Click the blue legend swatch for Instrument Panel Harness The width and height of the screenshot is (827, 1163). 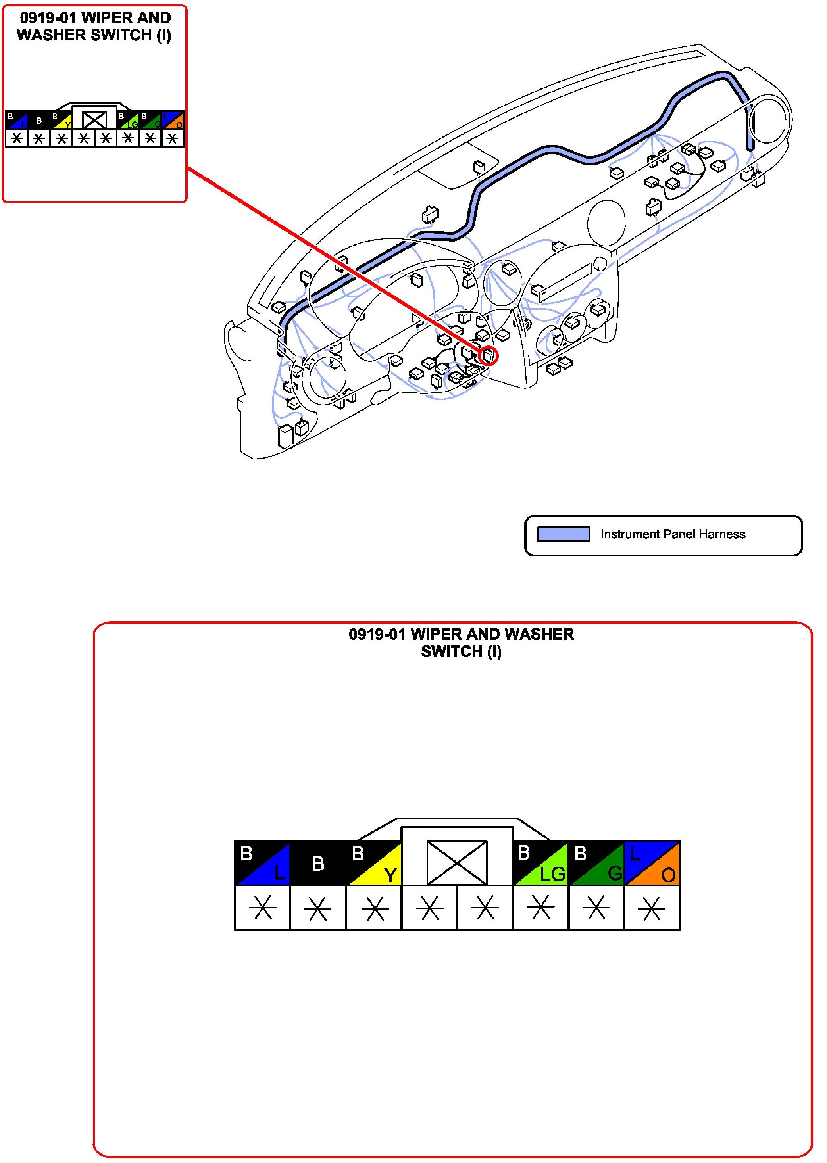564,534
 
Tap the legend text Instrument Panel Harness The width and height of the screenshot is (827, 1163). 673,534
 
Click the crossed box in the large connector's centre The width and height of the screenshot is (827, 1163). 457,863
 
